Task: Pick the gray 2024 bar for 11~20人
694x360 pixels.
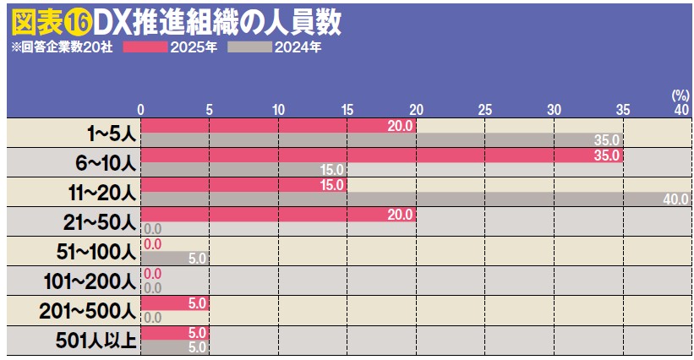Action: coord(406,199)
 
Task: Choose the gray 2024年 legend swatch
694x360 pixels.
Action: coord(249,47)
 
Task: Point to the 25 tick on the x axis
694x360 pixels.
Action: coord(484,109)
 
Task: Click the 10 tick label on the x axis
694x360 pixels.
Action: coord(278,109)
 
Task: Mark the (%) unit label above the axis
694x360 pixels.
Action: coord(680,95)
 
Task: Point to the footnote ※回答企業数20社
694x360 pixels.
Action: coord(63,47)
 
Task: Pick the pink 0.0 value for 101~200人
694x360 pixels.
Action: coord(153,274)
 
